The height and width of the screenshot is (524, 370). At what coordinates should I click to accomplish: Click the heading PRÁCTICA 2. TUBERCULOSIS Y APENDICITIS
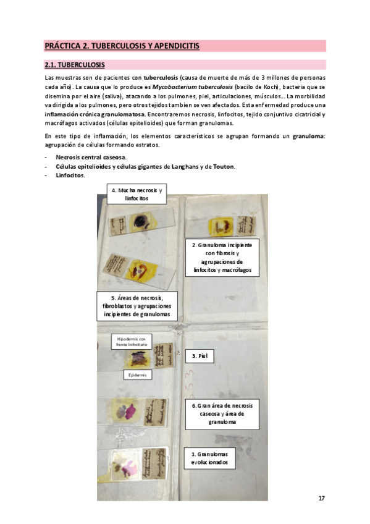122,46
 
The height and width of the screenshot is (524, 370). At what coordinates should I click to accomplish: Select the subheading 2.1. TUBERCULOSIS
74,65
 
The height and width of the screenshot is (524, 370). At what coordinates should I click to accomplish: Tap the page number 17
321,498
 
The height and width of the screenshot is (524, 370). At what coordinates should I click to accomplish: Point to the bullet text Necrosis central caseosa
90,158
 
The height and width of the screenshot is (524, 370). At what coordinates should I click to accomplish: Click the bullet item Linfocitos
70,176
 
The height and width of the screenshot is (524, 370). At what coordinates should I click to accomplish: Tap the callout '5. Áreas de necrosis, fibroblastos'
137,306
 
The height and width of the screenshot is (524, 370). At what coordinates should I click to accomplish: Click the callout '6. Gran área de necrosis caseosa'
222,413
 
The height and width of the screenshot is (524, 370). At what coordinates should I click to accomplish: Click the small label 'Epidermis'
137,375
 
